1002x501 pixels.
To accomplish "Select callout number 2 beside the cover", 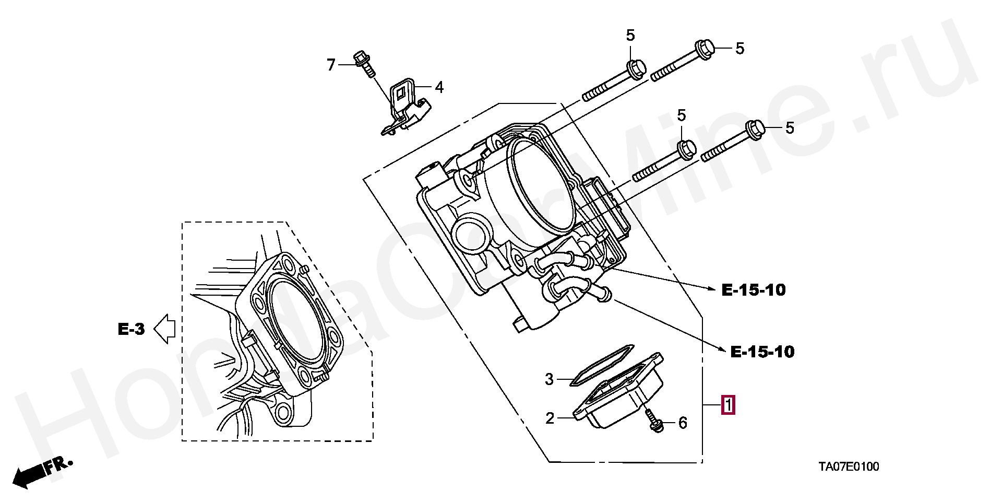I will (550, 418).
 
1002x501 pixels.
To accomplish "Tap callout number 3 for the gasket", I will (549, 379).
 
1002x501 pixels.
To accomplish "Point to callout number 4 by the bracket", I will (439, 87).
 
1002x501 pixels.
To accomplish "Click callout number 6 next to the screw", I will (683, 423).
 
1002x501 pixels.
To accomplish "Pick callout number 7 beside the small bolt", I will (331, 65).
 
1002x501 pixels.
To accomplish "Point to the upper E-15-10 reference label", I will (754, 290).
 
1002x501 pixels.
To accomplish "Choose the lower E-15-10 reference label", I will (762, 352).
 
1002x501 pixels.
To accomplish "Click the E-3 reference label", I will (131, 329).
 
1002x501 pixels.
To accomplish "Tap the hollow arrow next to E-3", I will (164, 329).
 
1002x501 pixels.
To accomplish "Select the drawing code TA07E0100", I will (848, 466).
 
